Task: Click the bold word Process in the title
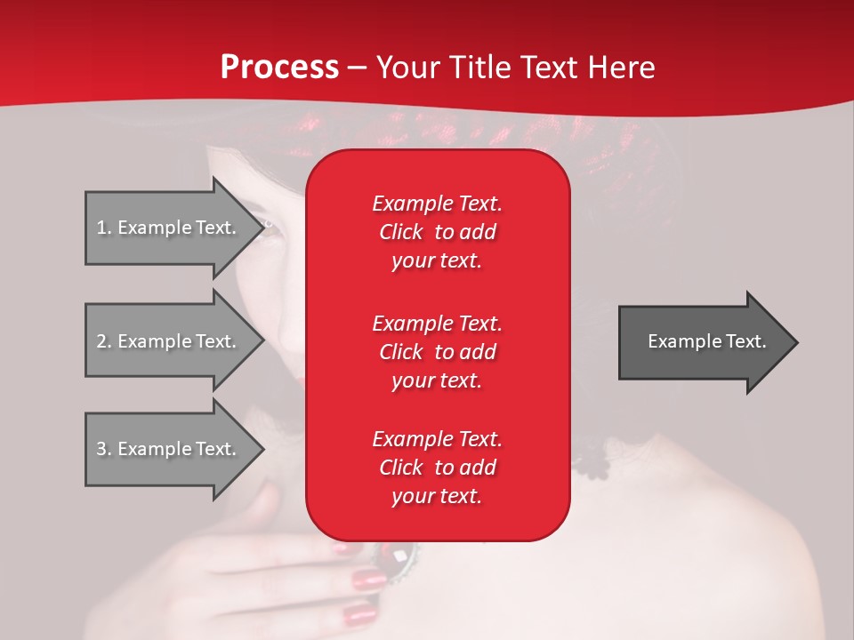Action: click(x=279, y=67)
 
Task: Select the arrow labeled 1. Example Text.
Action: click(x=169, y=228)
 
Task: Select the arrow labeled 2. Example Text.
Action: click(x=169, y=341)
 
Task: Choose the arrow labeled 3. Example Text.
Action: click(x=169, y=449)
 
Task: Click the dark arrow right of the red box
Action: click(x=703, y=341)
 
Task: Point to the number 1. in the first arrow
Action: click(x=104, y=228)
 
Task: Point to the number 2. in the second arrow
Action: click(x=104, y=341)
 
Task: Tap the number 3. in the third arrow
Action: click(x=104, y=449)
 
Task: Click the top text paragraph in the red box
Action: click(x=437, y=232)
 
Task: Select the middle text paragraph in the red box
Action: click(x=437, y=352)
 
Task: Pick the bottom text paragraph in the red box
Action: click(x=437, y=468)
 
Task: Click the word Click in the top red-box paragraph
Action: click(x=401, y=232)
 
